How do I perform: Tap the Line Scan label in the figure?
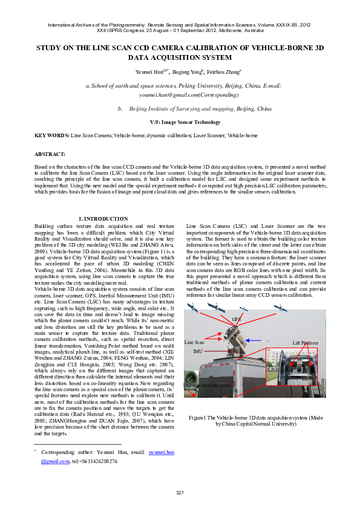(x=194, y=342)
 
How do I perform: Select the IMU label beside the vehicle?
(x=197, y=351)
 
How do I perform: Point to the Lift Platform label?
(x=306, y=343)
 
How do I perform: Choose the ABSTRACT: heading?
(x=50, y=154)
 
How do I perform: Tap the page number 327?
(x=180, y=493)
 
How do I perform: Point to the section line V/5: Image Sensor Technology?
(x=180, y=123)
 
